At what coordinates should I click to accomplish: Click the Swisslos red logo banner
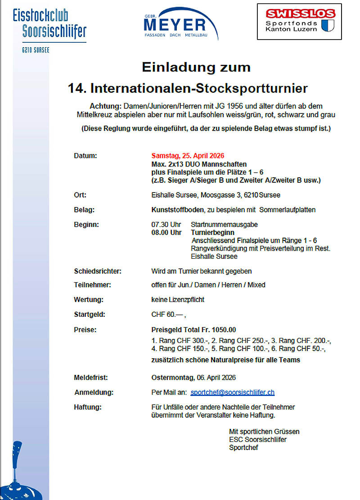[299, 14]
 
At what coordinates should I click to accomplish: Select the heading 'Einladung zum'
[196, 68]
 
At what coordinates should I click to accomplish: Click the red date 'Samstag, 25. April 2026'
[188, 156]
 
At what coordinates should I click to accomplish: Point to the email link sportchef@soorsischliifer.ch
[232, 392]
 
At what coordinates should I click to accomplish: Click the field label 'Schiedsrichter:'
[98, 271]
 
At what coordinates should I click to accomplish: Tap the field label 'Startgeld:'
[89, 315]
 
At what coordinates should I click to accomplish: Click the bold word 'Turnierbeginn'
[212, 232]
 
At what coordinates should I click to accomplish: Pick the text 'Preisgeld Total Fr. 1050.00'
[193, 329]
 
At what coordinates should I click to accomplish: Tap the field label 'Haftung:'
[88, 407]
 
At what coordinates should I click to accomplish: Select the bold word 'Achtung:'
[106, 106]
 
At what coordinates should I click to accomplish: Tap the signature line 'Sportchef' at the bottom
[243, 447]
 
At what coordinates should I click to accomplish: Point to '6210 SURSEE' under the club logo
[36, 50]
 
